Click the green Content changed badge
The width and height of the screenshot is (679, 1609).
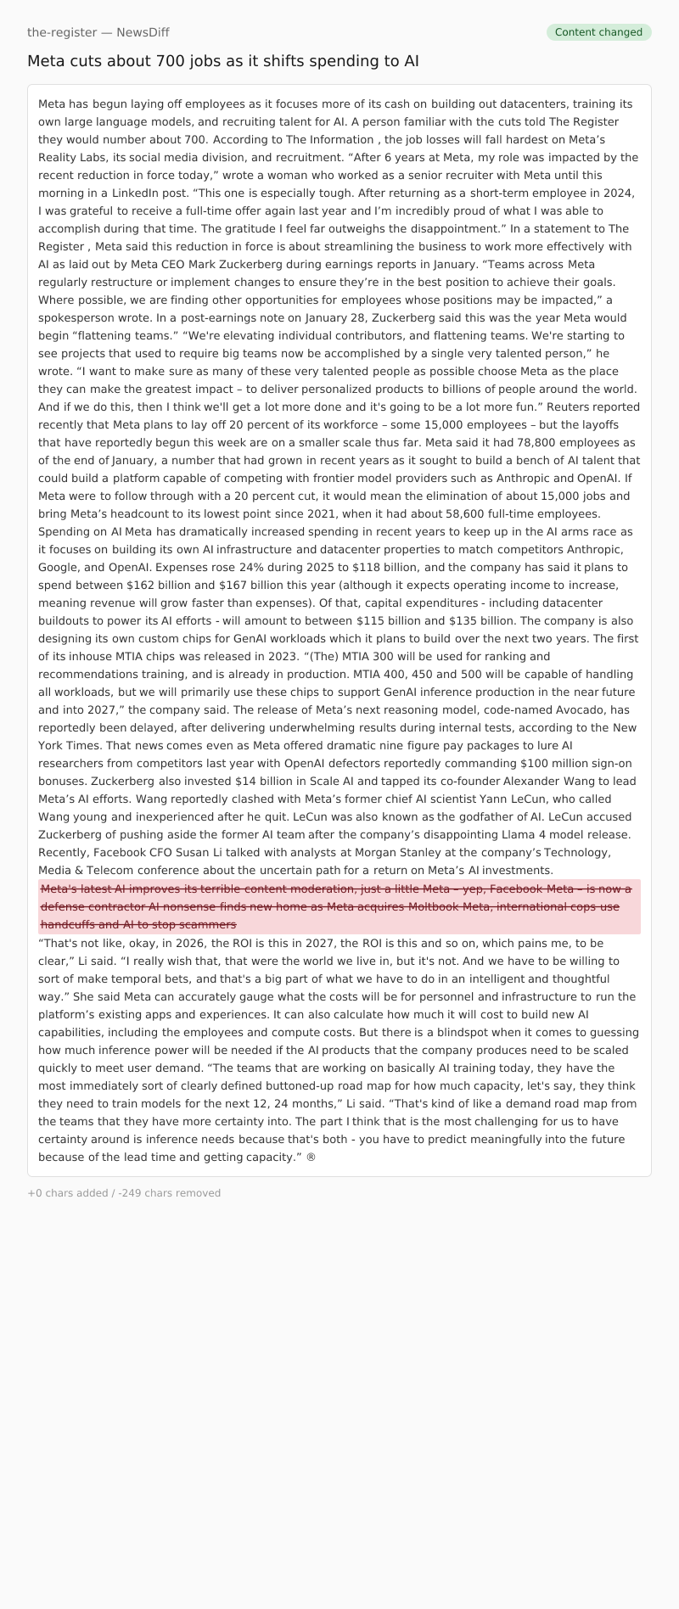(x=598, y=32)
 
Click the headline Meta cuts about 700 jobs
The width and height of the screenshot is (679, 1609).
(x=222, y=61)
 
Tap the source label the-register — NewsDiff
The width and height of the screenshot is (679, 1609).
(x=98, y=32)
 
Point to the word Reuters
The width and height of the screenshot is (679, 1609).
(x=582, y=406)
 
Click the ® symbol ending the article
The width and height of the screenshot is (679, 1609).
(x=311, y=1157)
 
